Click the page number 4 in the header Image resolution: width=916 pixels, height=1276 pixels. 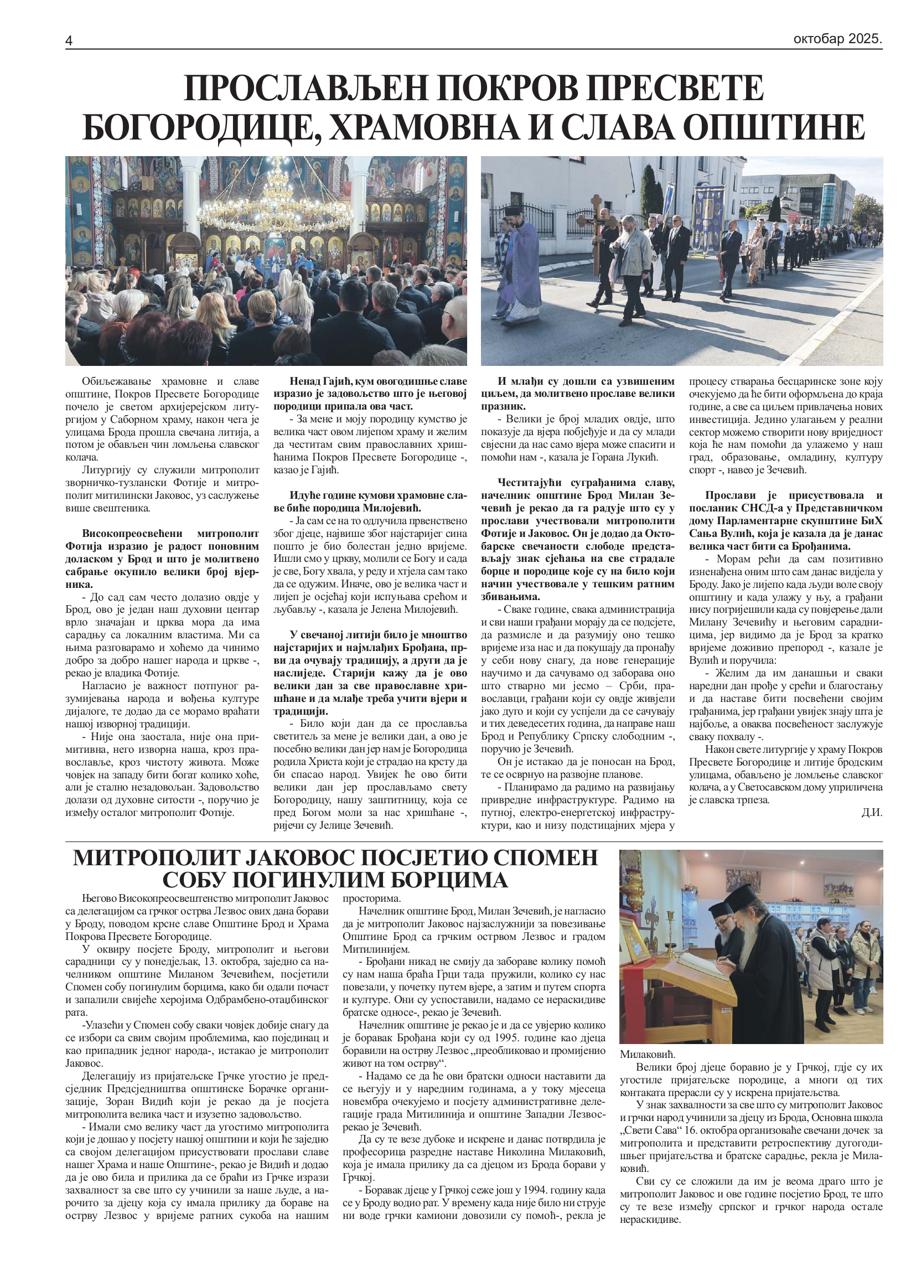click(69, 41)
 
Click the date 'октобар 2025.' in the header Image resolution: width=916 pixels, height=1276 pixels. click(837, 39)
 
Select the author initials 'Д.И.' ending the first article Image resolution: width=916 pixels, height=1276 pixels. click(871, 813)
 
